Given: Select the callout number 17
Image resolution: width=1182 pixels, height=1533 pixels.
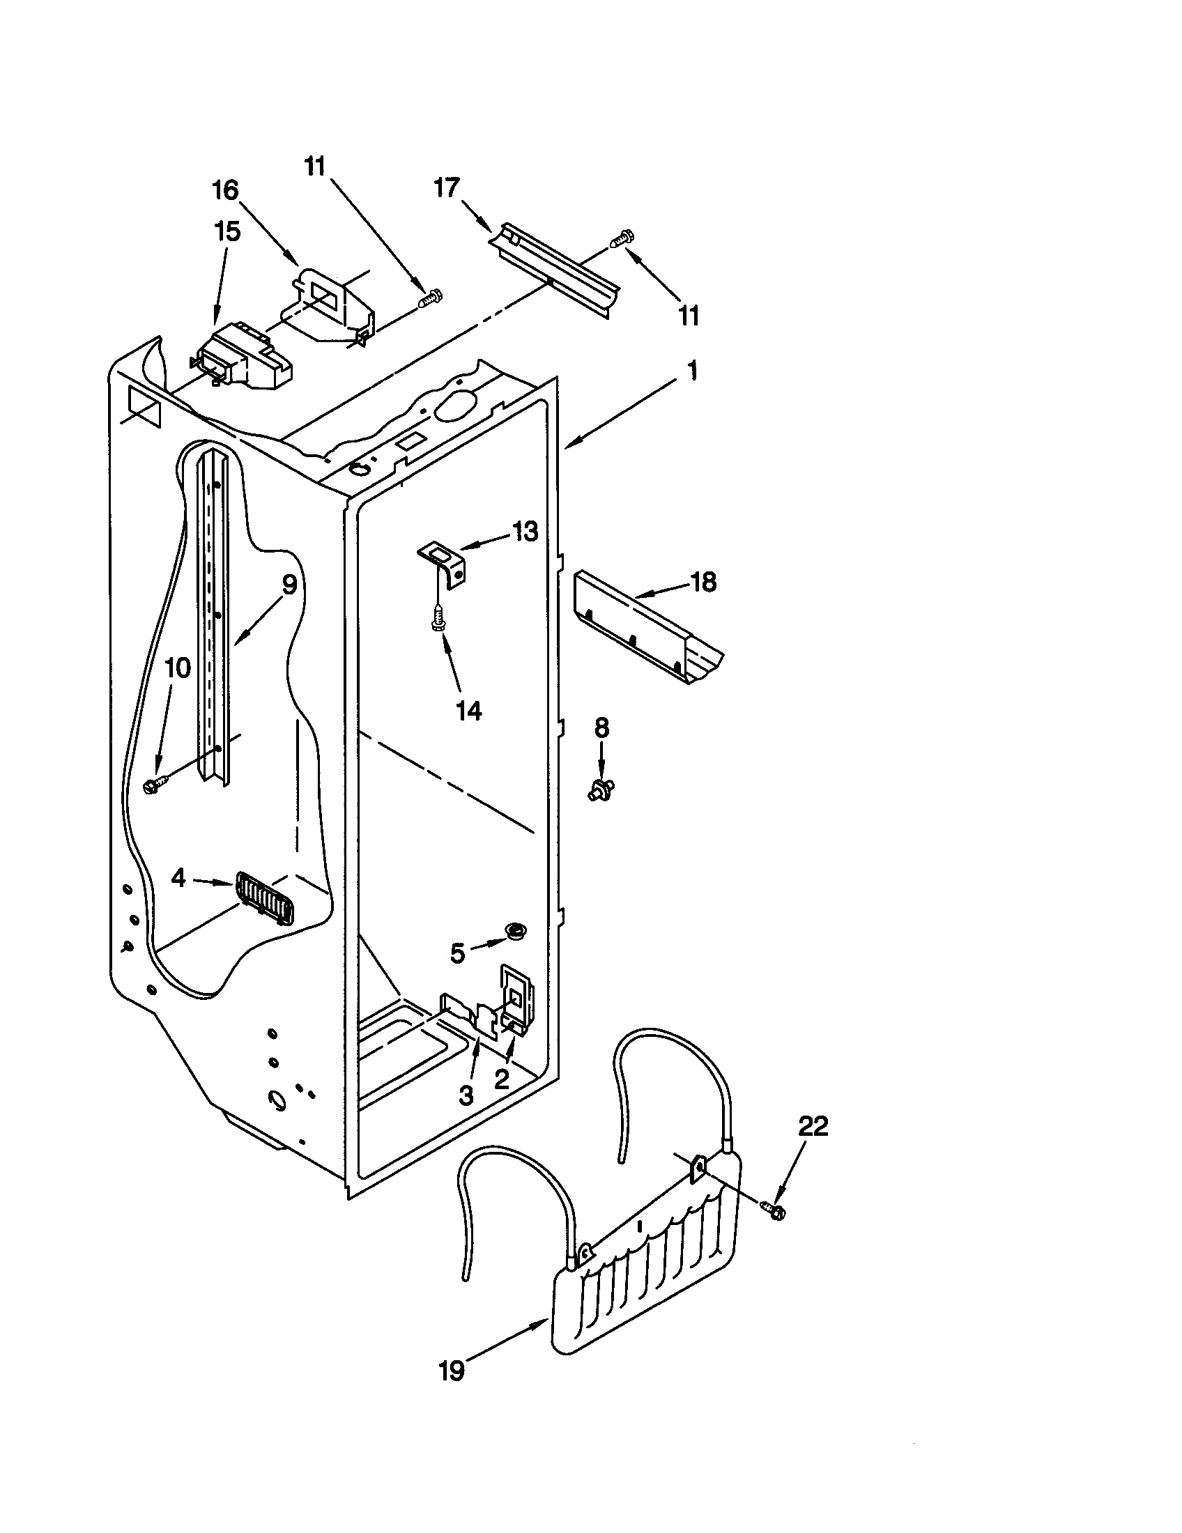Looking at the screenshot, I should [447, 187].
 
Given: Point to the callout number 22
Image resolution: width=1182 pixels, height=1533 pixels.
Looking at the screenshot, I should [813, 1126].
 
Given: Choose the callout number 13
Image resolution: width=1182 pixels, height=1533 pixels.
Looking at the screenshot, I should [525, 532].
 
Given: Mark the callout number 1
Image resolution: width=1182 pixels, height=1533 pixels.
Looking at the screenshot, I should [692, 370].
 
